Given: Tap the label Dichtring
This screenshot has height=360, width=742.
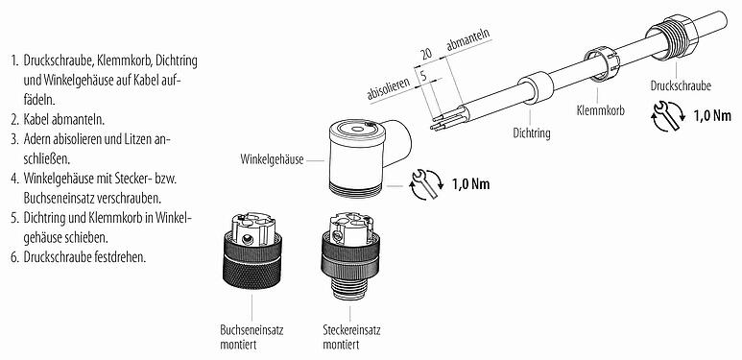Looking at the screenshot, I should pos(531,134).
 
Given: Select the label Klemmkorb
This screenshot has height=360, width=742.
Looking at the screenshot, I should pos(600,110).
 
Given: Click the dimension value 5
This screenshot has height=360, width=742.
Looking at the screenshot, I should pos(423,72).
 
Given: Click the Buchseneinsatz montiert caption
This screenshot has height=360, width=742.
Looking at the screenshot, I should pos(252,335).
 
